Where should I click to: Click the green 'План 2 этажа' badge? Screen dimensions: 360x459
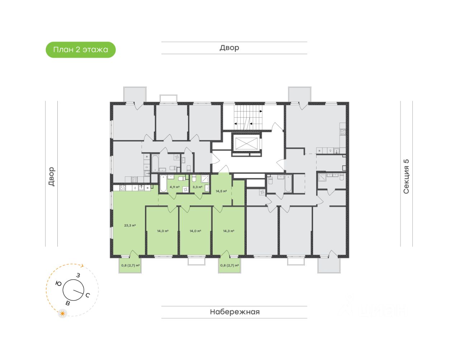point(81,50)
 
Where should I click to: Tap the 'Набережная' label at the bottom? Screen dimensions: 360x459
point(235,312)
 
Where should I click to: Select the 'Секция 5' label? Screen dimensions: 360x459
point(406,176)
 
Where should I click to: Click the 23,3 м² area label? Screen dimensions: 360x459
point(130,226)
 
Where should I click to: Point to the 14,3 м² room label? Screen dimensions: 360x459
point(228,231)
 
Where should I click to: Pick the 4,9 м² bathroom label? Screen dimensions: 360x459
point(175,187)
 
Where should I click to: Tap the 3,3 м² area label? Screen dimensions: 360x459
point(197,187)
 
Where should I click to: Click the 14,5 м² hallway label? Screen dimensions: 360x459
point(221,191)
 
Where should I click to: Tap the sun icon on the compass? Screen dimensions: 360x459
point(63,314)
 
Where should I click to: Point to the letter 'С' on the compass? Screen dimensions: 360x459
point(87,295)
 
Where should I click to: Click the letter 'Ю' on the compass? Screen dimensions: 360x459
point(58,284)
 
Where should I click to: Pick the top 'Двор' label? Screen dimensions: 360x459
point(229,48)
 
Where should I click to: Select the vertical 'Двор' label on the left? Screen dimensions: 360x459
point(51,176)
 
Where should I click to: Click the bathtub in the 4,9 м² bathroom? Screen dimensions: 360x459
point(164,184)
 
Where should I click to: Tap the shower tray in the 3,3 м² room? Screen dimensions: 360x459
point(205,179)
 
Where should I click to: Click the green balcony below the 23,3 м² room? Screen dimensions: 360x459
point(130,266)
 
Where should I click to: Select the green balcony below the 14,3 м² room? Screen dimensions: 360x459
point(229,266)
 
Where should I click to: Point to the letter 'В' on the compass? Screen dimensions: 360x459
point(67,303)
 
